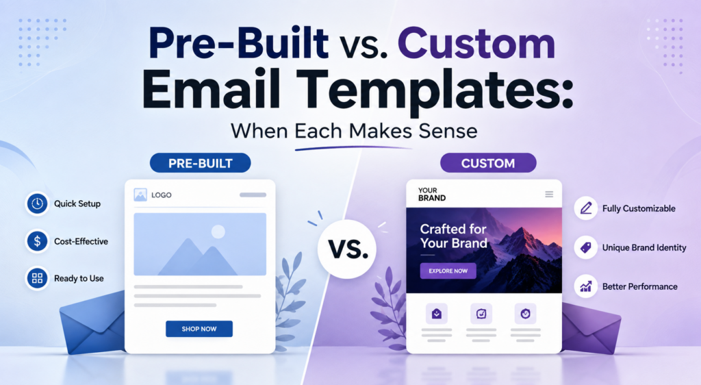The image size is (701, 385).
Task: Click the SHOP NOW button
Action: point(199,329)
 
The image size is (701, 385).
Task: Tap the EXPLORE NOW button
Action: point(448,271)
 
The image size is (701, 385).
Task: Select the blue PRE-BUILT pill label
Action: point(201,163)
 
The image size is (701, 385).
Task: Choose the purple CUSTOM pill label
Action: point(487,163)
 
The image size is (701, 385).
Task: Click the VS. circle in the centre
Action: point(347,249)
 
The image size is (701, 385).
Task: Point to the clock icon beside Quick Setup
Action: point(37,203)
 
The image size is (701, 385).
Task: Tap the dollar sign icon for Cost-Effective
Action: point(37,241)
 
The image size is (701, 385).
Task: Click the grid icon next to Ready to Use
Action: point(37,278)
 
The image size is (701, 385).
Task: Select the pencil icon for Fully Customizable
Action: point(586,208)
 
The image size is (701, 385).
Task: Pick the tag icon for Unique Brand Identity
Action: point(586,247)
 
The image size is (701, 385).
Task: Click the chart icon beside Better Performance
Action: point(586,286)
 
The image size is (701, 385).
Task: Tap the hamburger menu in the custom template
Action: point(549,194)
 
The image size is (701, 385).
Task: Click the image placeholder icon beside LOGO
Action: point(140,195)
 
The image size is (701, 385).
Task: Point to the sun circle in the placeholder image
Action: point(218,232)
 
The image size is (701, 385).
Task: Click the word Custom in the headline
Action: point(476,43)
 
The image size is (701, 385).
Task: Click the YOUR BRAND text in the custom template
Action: point(432,194)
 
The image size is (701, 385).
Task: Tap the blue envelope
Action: point(92,321)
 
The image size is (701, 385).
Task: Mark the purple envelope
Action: point(591,325)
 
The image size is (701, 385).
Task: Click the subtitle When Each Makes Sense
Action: point(354,131)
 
